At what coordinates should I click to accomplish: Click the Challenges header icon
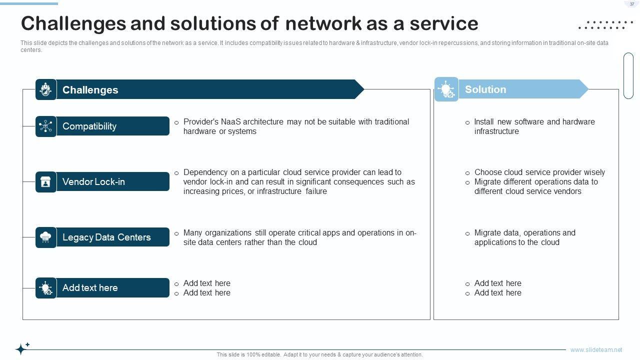point(46,89)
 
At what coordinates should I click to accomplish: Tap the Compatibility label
point(89,126)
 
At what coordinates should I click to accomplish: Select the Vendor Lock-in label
point(93,182)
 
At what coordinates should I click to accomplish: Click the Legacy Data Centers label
point(106,237)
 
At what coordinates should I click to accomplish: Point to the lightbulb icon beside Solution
point(446,89)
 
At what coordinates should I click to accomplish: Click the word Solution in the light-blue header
point(485,89)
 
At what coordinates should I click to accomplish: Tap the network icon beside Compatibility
point(46,126)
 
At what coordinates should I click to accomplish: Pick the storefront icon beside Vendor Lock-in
point(46,182)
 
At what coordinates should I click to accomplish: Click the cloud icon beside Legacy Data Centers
point(46,237)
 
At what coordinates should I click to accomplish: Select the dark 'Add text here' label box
point(102,288)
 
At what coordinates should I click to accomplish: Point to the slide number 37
point(632,4)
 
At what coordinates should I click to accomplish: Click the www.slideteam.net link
point(596,350)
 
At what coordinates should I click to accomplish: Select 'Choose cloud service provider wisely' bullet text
point(539,172)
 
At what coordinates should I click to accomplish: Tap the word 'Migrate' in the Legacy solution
point(487,233)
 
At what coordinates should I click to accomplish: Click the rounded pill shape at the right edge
point(628,75)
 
